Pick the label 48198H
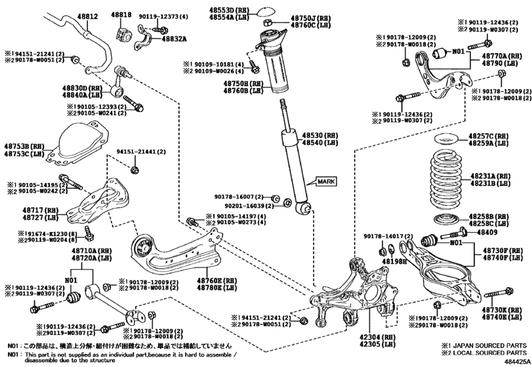[x=393, y=260]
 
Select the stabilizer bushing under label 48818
[x=121, y=31]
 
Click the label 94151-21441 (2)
[x=139, y=151]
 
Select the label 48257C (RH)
[x=489, y=135]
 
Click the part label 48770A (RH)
[x=499, y=56]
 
